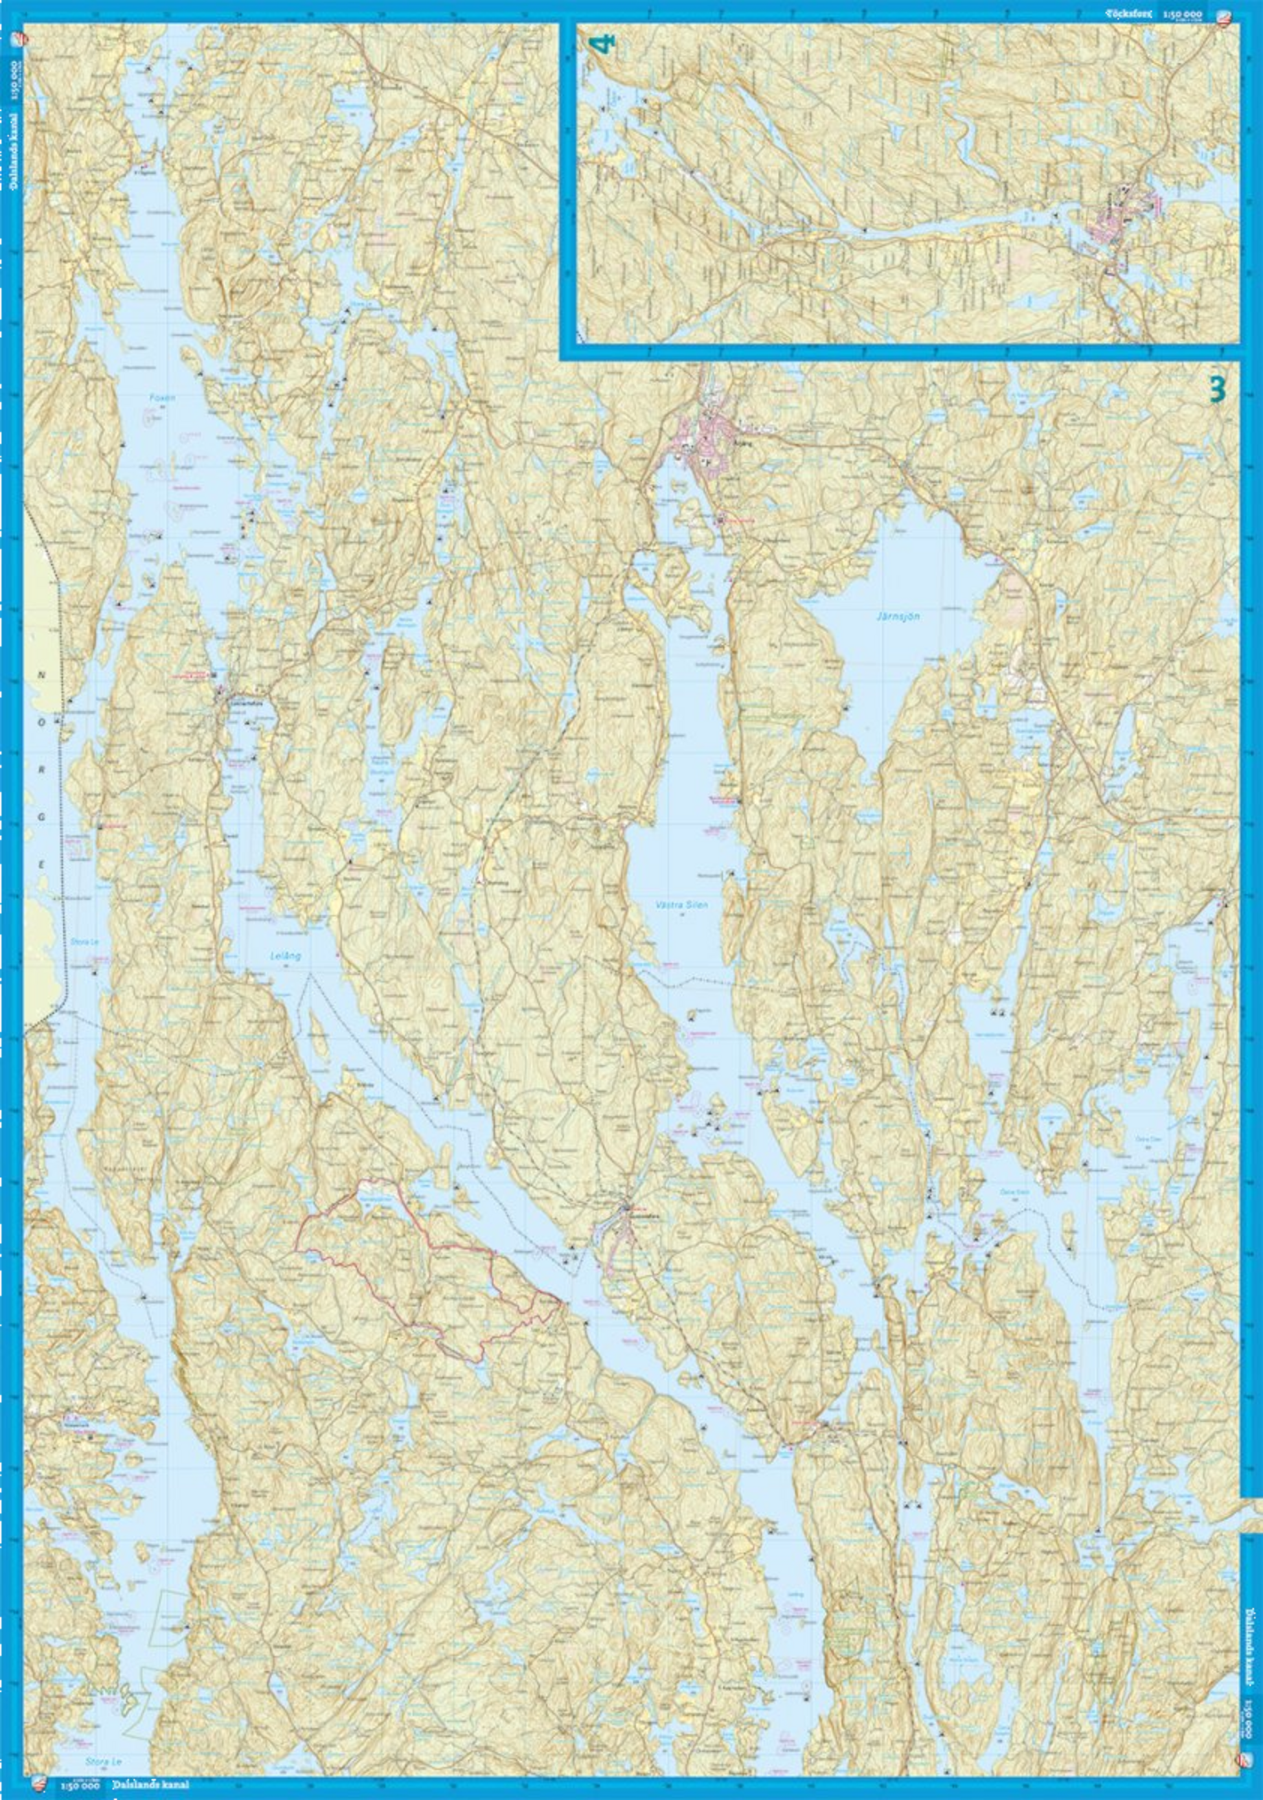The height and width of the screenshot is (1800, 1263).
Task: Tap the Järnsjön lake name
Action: click(896, 616)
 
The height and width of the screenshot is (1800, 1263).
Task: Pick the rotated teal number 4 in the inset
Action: click(604, 44)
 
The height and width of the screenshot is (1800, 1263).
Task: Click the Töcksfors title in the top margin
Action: click(1130, 14)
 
